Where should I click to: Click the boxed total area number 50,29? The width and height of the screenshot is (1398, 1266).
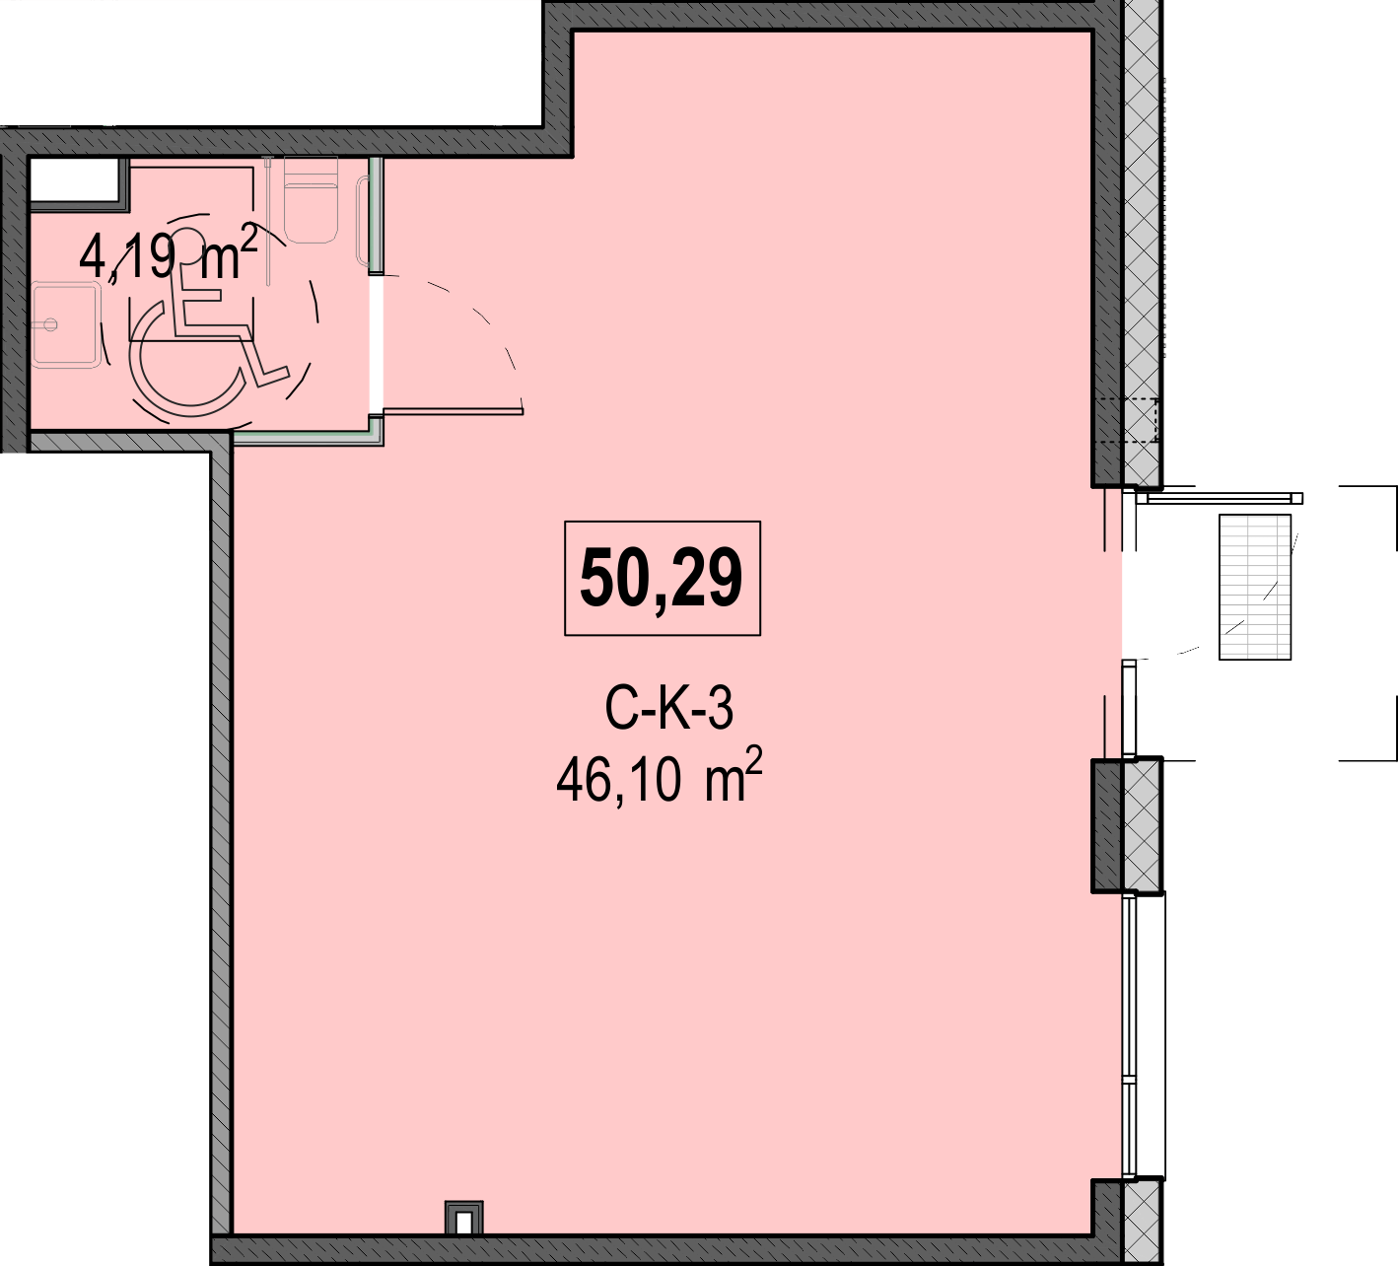[x=662, y=577]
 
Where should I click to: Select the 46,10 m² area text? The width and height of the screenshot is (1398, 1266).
[x=660, y=775]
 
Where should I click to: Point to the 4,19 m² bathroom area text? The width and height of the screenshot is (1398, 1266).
[x=168, y=253]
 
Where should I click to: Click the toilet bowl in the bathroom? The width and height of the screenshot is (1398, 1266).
[x=311, y=200]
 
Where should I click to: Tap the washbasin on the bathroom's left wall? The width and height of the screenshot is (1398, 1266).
[x=65, y=324]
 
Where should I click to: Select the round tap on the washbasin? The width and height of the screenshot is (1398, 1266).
[x=49, y=324]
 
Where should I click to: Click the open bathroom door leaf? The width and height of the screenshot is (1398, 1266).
[x=453, y=412]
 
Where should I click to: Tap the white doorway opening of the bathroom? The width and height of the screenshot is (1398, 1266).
[x=376, y=343]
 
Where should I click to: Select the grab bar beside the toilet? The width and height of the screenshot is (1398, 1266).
[x=363, y=221]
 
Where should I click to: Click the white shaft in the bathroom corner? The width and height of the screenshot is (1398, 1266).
[x=75, y=180]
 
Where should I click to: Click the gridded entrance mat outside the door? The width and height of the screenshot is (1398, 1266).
[x=1254, y=587]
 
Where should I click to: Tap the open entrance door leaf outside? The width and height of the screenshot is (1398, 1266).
[x=1223, y=498]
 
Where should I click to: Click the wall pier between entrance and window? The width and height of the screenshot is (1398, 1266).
[x=1126, y=825]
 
